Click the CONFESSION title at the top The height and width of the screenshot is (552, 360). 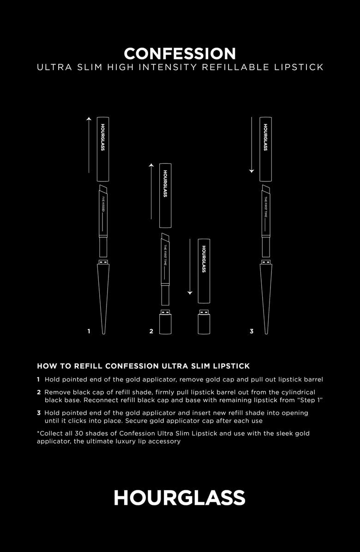pyautogui.click(x=180, y=54)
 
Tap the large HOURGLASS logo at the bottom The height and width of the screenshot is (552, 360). pyautogui.click(x=180, y=498)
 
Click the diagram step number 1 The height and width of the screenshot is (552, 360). pyautogui.click(x=89, y=331)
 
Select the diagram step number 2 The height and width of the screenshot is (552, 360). pyautogui.click(x=151, y=331)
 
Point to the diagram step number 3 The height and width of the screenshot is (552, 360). pyautogui.click(x=252, y=331)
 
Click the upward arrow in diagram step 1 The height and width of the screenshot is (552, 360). pyautogui.click(x=89, y=145)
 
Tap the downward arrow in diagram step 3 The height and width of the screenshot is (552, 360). pyautogui.click(x=252, y=145)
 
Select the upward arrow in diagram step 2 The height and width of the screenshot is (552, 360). pyautogui.click(x=151, y=191)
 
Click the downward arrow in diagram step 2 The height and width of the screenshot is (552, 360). pyautogui.click(x=190, y=267)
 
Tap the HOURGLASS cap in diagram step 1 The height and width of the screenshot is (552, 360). pyautogui.click(x=103, y=149)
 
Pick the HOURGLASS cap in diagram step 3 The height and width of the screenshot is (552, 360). pyautogui.click(x=266, y=149)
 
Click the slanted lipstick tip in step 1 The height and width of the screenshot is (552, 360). pyautogui.click(x=103, y=190)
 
